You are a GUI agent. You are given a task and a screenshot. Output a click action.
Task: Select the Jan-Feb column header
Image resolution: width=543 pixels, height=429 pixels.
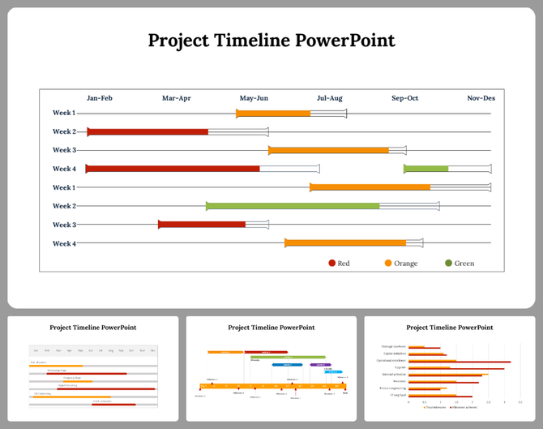pyautogui.click(x=100, y=98)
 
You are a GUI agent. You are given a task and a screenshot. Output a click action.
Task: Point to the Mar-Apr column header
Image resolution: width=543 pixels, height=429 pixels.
pyautogui.click(x=177, y=98)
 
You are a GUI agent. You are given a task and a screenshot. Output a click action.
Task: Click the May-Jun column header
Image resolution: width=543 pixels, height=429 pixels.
pyautogui.click(x=254, y=98)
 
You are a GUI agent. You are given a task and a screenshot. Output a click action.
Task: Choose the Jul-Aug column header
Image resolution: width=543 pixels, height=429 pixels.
pyautogui.click(x=329, y=98)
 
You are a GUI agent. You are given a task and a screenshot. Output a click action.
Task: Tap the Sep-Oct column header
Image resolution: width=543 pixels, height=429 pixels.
pyautogui.click(x=405, y=98)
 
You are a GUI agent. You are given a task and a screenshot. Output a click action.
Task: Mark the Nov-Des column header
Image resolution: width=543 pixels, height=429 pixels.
pyautogui.click(x=481, y=98)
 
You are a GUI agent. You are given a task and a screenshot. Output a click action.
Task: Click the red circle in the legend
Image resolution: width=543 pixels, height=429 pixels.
pyautogui.click(x=332, y=263)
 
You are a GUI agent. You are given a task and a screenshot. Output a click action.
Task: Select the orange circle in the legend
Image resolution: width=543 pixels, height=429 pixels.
pyautogui.click(x=388, y=263)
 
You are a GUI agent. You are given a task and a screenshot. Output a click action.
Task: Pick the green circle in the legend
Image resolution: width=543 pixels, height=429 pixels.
pyautogui.click(x=449, y=263)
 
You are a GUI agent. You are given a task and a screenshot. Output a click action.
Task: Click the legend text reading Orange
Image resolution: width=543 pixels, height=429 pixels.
pyautogui.click(x=406, y=263)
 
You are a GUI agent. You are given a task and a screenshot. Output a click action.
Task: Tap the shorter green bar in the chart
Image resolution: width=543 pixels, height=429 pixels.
pyautogui.click(x=426, y=169)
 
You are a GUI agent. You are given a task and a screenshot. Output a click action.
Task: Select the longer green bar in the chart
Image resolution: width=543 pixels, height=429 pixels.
pyautogui.click(x=293, y=206)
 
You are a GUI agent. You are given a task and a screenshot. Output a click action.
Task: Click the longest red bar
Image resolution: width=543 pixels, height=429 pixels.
pyautogui.click(x=173, y=169)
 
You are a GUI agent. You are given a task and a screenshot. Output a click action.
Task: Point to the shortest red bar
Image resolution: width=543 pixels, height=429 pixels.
pyautogui.click(x=202, y=225)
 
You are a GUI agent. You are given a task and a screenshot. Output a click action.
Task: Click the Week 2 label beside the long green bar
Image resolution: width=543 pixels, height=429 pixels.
pyautogui.click(x=64, y=206)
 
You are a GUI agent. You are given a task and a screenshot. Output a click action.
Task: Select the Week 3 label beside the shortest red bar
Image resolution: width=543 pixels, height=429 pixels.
pyautogui.click(x=64, y=225)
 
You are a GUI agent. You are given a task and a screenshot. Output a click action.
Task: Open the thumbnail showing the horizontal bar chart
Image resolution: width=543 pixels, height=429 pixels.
pyautogui.click(x=449, y=368)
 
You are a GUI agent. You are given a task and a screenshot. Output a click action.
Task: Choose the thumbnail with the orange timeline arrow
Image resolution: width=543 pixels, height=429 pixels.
pyautogui.click(x=271, y=368)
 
